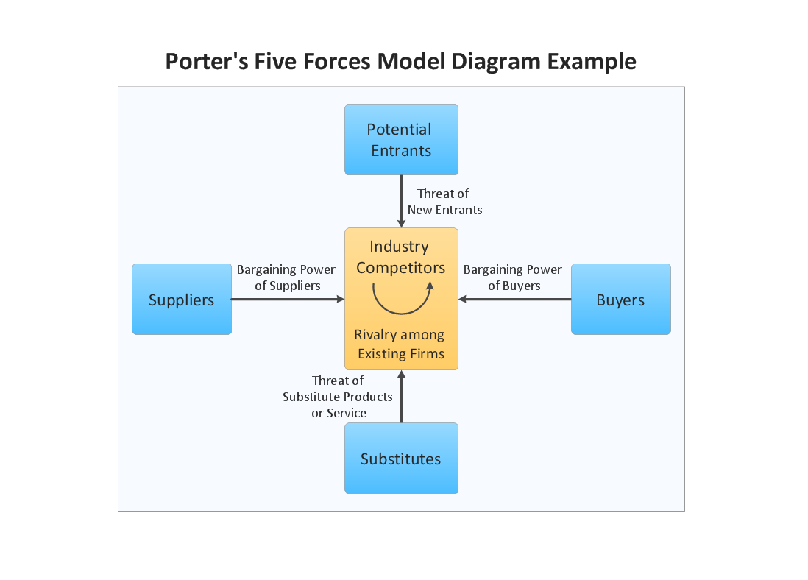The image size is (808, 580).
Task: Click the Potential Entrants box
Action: [x=401, y=139]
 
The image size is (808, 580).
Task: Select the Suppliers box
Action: [x=182, y=300]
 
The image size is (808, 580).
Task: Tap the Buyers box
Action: [x=620, y=300]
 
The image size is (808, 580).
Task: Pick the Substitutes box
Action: [x=401, y=458]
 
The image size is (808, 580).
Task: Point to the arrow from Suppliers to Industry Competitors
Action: [x=287, y=300]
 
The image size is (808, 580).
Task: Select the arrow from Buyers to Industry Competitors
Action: [x=515, y=300]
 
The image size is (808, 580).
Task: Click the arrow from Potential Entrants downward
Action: [x=402, y=200]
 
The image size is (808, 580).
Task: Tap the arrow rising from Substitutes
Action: [x=402, y=397]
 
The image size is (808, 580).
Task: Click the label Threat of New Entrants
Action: [x=444, y=202]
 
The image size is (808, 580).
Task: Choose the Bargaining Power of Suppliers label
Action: [x=286, y=277]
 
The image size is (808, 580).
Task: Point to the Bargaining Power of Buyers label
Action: [x=513, y=277]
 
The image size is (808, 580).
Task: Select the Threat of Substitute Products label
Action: [x=338, y=397]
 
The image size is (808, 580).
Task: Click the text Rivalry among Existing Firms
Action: [x=400, y=344]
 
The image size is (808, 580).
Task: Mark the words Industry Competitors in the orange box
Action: [x=400, y=257]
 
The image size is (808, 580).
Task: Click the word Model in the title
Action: [x=413, y=61]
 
